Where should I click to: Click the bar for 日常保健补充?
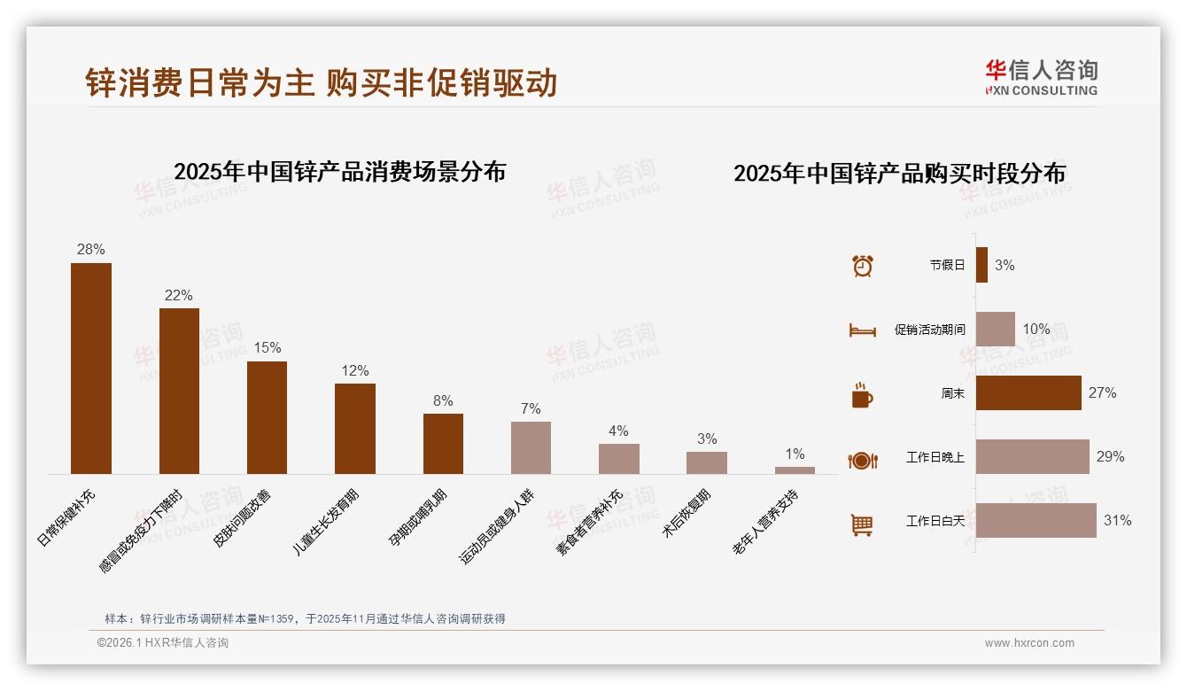pos(91,368)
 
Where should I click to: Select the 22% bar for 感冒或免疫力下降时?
pos(179,391)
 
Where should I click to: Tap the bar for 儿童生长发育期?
pos(355,428)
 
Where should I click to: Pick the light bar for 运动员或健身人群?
pos(531,447)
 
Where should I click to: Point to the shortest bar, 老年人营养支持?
pos(795,470)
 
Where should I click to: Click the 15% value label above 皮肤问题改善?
pos(267,347)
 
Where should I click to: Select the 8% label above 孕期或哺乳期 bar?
pos(443,400)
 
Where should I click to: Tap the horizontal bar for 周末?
pos(1028,392)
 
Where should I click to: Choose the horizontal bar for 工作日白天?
pos(1036,520)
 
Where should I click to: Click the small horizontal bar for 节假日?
pos(981,265)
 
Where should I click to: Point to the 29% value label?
pos(1110,457)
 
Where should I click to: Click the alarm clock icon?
pos(862,265)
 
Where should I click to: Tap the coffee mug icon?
pos(862,395)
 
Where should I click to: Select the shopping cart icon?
pos(862,524)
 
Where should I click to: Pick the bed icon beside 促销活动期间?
pos(862,330)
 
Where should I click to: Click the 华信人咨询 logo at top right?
pos(1041,77)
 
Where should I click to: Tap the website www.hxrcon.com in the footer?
pos(1029,643)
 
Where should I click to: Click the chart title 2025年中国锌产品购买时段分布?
pos(899,174)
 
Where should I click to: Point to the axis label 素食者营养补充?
pos(590,523)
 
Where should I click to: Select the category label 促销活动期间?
pos(929,330)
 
